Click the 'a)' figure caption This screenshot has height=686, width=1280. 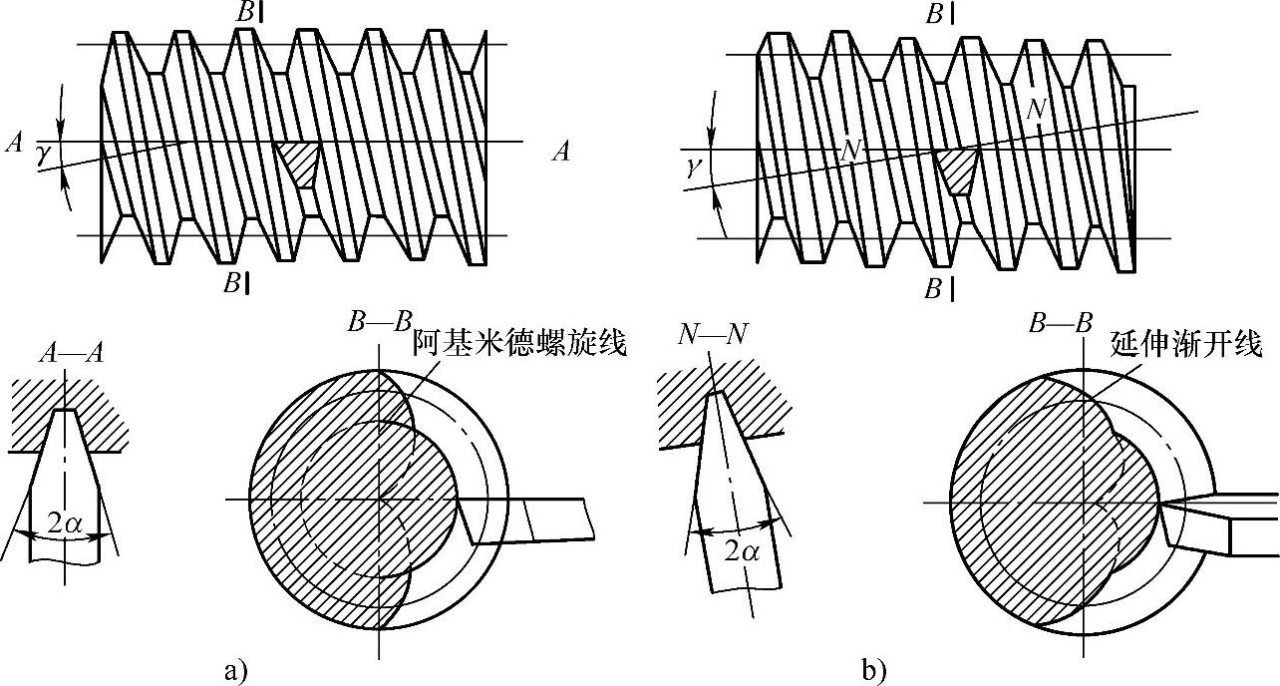click(234, 670)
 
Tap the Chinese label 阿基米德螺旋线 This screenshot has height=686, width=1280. click(518, 345)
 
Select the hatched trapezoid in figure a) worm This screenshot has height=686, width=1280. click(297, 161)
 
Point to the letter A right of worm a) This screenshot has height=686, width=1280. click(562, 152)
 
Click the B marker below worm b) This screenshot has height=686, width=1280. click(938, 289)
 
